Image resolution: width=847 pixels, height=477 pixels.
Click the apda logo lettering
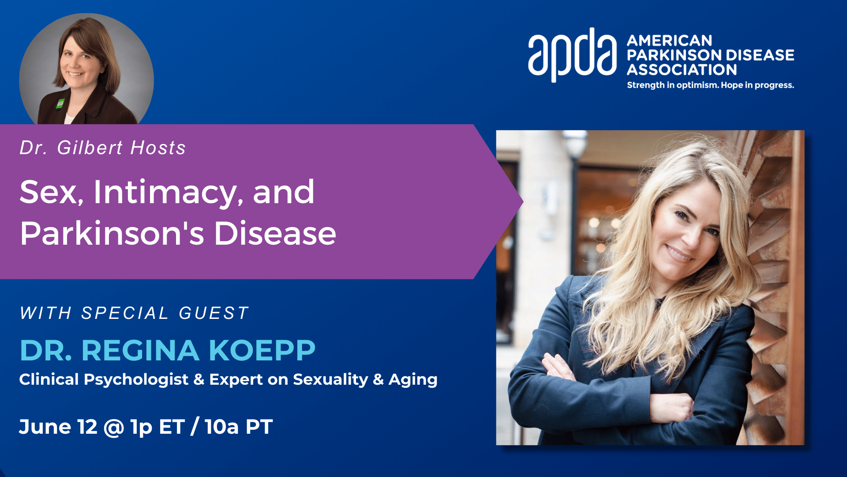(x=572, y=55)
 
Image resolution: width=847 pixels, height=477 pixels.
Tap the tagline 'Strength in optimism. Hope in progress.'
(x=710, y=85)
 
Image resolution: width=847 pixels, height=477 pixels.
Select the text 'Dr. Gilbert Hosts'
(x=102, y=148)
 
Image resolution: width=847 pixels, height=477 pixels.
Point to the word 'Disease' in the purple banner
(x=275, y=233)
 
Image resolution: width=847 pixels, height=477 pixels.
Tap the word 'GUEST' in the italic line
(x=214, y=313)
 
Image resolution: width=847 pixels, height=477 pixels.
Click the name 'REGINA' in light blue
(x=140, y=351)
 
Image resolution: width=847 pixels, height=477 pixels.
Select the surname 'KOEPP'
(x=262, y=351)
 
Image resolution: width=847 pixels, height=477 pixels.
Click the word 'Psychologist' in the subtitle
(x=136, y=380)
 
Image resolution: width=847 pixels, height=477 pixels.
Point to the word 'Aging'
(x=413, y=380)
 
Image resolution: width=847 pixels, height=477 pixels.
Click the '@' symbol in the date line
(x=114, y=427)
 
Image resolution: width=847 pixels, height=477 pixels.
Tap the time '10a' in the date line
(x=221, y=427)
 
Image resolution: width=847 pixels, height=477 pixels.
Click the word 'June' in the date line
(x=45, y=427)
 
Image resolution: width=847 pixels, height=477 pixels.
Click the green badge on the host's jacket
(x=60, y=104)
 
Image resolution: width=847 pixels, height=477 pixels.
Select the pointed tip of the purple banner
(x=523, y=202)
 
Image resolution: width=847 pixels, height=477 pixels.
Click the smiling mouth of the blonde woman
(x=679, y=253)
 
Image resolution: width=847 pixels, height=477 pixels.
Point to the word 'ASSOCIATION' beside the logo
(x=682, y=70)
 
